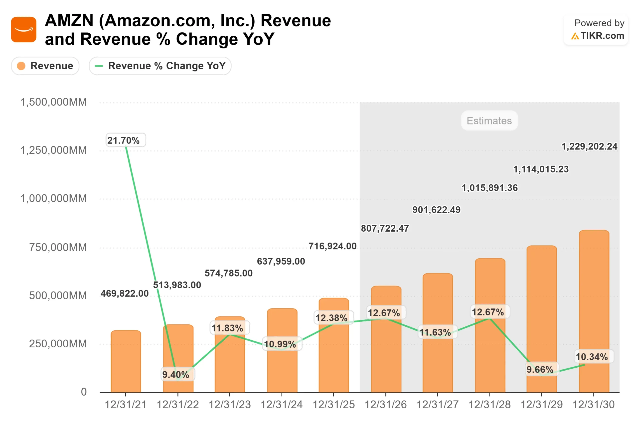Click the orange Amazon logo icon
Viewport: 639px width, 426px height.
click(24, 30)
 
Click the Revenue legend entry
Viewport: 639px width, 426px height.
click(45, 66)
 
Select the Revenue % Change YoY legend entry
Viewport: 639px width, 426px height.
click(160, 66)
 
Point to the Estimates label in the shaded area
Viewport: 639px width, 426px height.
click(489, 121)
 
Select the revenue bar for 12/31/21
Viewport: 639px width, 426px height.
click(126, 361)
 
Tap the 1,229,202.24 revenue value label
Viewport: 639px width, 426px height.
click(589, 146)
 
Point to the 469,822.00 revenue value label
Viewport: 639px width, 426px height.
click(125, 293)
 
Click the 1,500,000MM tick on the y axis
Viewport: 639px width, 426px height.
click(53, 102)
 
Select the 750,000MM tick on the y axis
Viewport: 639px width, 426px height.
click(58, 248)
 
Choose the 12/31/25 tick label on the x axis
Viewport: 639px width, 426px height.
click(334, 405)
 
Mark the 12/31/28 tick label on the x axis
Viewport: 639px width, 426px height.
click(489, 405)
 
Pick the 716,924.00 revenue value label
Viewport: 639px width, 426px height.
click(332, 246)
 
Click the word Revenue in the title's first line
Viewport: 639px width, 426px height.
click(296, 21)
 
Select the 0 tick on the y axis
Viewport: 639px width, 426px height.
click(84, 392)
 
